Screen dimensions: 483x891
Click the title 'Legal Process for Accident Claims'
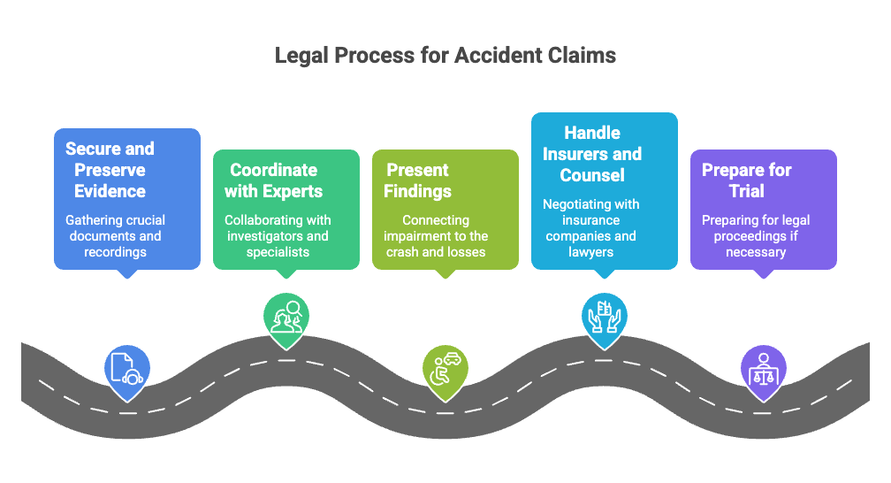(x=445, y=55)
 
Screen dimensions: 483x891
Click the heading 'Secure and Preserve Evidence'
(x=110, y=169)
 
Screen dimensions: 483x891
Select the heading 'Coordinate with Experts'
(x=273, y=180)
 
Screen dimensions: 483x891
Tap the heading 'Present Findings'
(x=418, y=180)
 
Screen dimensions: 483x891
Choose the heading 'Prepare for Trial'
(x=747, y=180)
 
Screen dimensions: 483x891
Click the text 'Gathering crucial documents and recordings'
(x=115, y=235)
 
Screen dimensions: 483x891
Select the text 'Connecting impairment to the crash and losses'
(x=436, y=235)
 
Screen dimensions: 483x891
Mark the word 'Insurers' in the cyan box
(x=601, y=153)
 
